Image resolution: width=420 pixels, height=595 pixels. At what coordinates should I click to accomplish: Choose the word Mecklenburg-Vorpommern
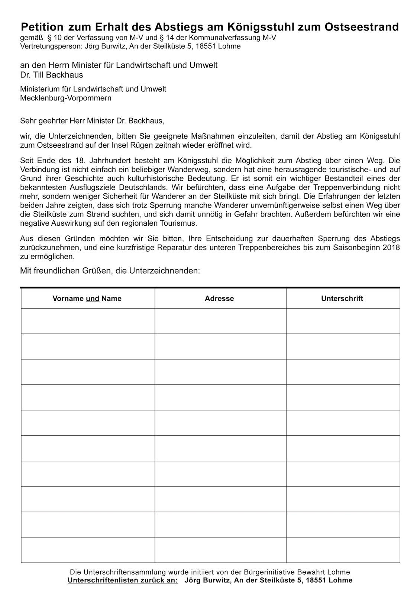tap(66, 98)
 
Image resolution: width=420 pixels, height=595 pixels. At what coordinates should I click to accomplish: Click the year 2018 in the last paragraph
tap(392, 248)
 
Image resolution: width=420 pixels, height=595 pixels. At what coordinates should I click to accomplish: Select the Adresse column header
tap(219, 299)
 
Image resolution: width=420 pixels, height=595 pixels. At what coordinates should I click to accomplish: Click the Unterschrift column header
tap(342, 299)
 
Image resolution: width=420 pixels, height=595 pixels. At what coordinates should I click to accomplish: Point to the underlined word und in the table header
tap(93, 299)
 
